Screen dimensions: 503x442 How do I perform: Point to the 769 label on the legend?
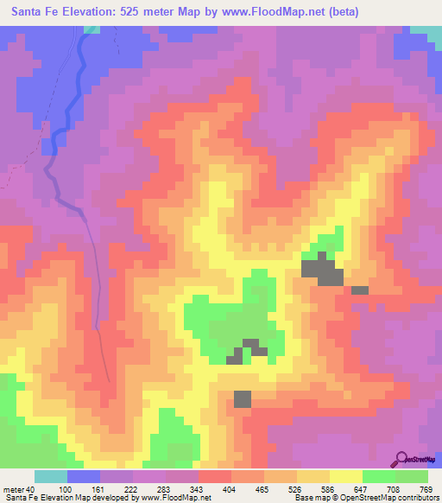click(428, 489)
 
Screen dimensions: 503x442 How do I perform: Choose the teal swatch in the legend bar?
click(51, 476)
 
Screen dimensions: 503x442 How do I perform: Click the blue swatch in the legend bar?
click(84, 476)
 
